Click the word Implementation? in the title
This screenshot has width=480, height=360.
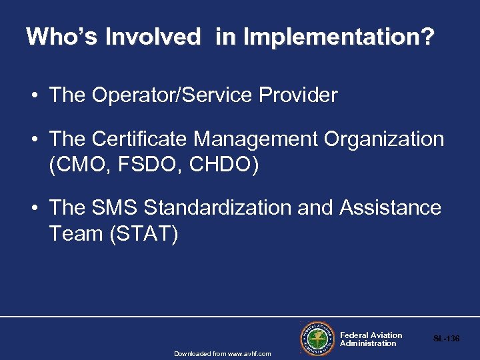point(338,37)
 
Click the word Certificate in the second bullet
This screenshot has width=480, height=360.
point(140,139)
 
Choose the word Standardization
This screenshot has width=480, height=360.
point(218,208)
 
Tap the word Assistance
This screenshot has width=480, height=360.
point(390,208)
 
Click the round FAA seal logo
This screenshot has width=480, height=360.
point(316,338)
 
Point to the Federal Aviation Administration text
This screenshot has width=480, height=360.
point(371,339)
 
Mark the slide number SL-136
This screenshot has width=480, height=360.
point(446,339)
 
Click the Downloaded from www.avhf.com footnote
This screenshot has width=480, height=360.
point(223,353)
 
